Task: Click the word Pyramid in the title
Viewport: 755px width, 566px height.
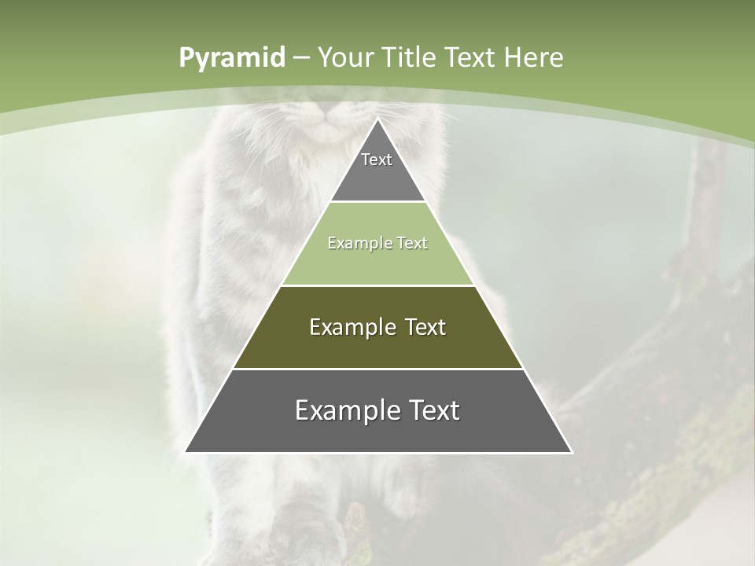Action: [x=232, y=58]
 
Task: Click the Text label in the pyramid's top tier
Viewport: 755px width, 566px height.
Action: [x=377, y=160]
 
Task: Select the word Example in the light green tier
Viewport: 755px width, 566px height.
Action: [x=355, y=244]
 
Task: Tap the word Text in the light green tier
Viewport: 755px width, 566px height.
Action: [x=412, y=244]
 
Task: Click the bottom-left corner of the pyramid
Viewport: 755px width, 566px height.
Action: [x=186, y=452]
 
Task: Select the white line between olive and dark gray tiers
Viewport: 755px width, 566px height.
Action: [x=377, y=369]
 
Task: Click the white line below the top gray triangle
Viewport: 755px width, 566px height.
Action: [x=377, y=202]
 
